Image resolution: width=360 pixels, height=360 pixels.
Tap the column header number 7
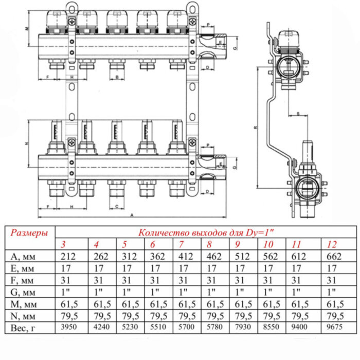181,243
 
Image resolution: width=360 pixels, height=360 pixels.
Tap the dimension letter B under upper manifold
118,77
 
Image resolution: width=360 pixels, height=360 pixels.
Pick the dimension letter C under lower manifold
118,206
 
